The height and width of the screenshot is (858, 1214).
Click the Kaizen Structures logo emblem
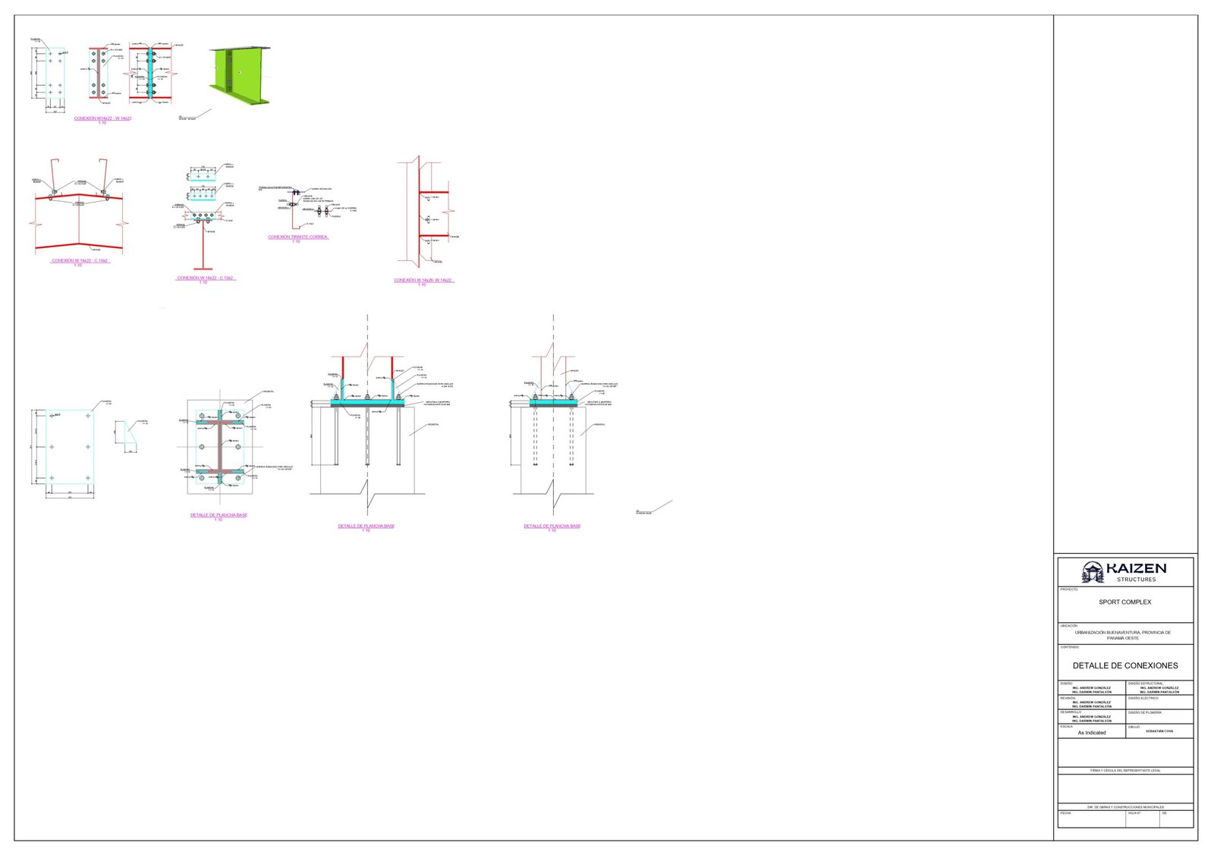1093,572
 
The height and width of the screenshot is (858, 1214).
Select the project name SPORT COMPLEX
1124,602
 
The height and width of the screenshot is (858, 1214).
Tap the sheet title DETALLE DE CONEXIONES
1124,666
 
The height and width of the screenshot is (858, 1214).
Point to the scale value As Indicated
1091,733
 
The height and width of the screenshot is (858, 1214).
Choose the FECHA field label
1066,813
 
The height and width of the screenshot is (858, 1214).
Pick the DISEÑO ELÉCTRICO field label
1144,698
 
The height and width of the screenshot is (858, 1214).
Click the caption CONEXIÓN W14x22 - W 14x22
102,118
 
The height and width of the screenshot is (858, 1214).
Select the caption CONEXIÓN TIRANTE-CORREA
297,237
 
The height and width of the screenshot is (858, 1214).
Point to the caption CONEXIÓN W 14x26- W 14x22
423,280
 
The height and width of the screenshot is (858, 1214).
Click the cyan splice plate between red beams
151,72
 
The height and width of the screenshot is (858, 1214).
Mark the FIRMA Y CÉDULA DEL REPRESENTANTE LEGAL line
1124,771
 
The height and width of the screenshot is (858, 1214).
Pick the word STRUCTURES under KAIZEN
1136,580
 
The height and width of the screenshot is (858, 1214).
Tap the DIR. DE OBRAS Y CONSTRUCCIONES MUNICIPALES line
1124,807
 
